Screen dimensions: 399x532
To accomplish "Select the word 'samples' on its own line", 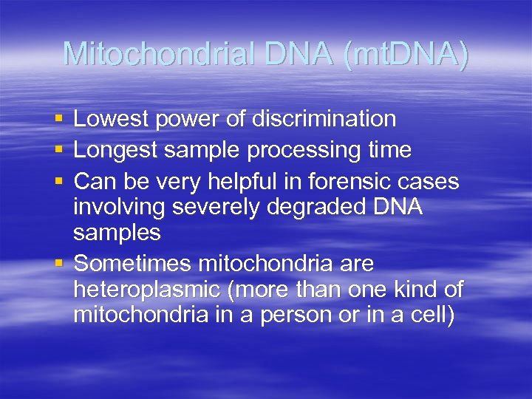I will pyautogui.click(x=117, y=233).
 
